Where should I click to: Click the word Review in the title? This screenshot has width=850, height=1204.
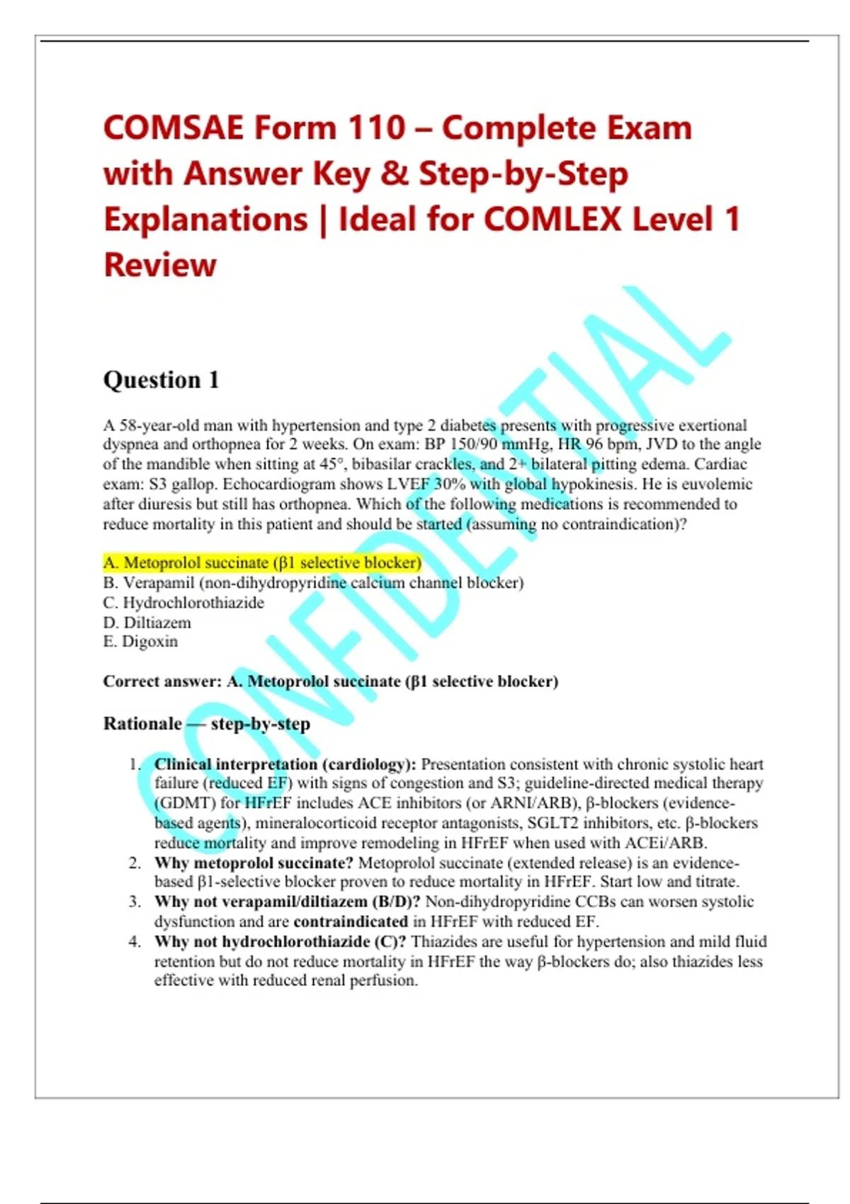[160, 265]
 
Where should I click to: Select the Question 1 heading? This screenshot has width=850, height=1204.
[161, 380]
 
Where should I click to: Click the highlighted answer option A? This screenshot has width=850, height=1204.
[262, 562]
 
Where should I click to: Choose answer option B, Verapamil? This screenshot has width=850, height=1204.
[313, 583]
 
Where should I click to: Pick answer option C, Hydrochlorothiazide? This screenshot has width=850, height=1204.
[183, 603]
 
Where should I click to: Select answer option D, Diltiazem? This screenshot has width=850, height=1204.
[147, 623]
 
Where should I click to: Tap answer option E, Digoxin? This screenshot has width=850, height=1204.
[140, 642]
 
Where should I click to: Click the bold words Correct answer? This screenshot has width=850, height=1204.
[163, 681]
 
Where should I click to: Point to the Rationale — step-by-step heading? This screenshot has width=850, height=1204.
[207, 724]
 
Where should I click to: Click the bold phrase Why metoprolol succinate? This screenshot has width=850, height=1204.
[254, 863]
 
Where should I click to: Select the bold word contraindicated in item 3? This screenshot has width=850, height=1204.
[351, 921]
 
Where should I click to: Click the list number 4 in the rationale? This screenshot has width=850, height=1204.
[135, 942]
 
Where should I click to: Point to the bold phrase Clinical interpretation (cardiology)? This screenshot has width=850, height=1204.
[285, 765]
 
